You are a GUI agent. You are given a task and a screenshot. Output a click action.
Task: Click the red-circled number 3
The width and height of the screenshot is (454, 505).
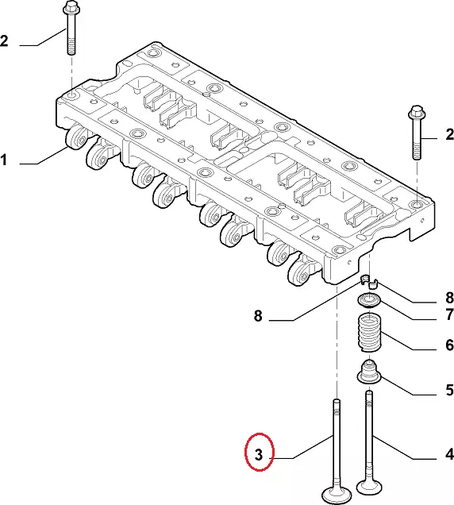(x=259, y=454)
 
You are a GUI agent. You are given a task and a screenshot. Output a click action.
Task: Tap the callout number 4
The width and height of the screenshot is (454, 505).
(x=449, y=454)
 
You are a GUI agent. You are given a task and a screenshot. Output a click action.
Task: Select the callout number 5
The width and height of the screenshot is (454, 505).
(x=450, y=390)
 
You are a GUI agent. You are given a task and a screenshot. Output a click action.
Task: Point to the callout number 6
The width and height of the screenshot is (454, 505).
(x=450, y=345)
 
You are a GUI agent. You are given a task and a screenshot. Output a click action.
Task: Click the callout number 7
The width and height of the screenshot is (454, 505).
(x=450, y=314)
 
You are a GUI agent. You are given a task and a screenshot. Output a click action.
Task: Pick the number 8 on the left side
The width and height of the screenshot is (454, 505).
(x=258, y=316)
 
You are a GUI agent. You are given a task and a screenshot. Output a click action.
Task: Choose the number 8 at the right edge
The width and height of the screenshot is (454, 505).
(x=450, y=298)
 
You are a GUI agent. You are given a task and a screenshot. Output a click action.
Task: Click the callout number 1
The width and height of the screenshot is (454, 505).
(x=3, y=160)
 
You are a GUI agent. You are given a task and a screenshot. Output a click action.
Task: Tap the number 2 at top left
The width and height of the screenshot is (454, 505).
(x=4, y=41)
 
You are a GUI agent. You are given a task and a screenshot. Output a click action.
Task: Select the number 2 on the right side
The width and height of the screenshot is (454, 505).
(x=450, y=134)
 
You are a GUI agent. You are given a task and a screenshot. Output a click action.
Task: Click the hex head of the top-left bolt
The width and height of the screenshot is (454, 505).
(x=71, y=8)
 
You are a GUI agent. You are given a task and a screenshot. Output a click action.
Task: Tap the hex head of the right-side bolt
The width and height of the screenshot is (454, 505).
(x=417, y=113)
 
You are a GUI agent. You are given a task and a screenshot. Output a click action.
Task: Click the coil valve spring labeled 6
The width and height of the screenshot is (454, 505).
(x=370, y=333)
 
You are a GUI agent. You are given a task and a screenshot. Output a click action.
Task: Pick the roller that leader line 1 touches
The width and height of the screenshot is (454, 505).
(x=77, y=138)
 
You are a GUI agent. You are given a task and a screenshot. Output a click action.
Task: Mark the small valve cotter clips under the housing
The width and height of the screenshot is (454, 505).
(x=369, y=281)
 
